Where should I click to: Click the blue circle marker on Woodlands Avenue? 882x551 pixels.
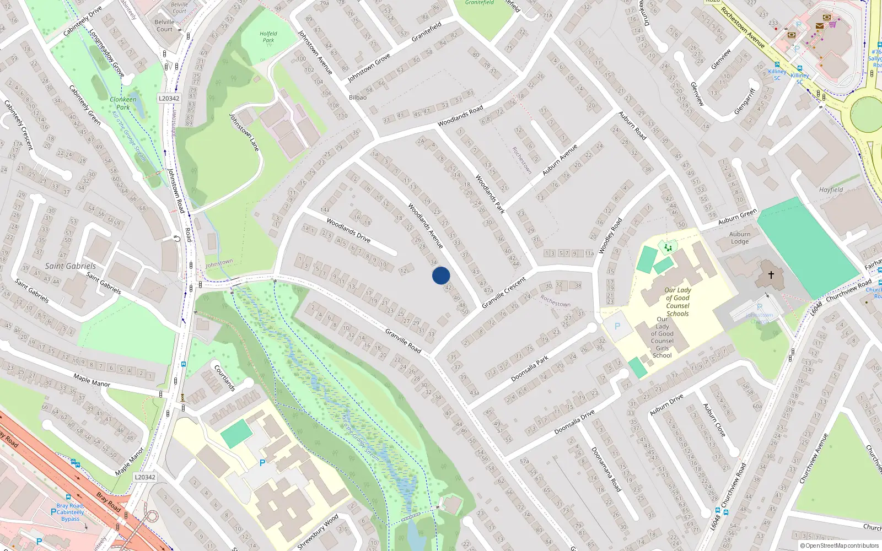click(441, 275)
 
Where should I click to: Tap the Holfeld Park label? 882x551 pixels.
click(268, 37)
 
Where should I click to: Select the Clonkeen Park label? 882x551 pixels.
click(123, 103)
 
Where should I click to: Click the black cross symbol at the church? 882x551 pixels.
click(771, 274)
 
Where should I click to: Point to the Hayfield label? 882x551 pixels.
click(831, 190)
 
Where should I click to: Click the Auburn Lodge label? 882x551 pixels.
click(740, 237)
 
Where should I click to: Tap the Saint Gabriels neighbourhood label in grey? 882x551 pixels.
click(70, 266)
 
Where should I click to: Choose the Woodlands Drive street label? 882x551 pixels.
click(348, 230)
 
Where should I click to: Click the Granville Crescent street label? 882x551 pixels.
click(504, 293)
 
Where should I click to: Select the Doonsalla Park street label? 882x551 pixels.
click(529, 369)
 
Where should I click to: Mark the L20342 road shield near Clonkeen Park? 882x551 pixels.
click(169, 99)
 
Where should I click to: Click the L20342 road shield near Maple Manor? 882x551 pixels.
click(144, 477)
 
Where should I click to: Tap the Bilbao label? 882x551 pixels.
click(358, 98)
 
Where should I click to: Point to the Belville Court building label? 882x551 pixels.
click(164, 26)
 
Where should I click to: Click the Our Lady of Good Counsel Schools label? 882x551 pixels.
click(677, 301)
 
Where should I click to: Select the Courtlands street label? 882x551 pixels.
click(225, 378)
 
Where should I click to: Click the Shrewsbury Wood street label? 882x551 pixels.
click(318, 532)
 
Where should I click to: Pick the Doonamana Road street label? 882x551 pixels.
click(606, 469)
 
